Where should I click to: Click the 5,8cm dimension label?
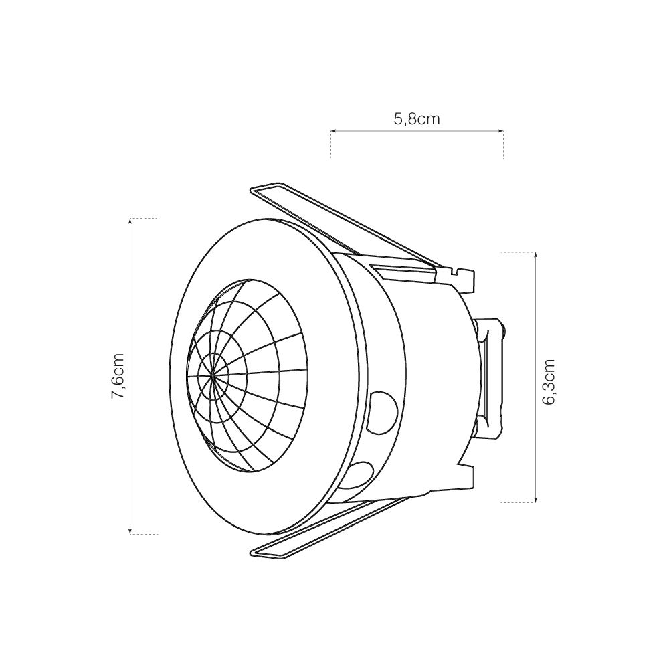pos(416,120)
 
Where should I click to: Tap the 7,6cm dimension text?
pos(118,376)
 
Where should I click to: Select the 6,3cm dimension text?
pos(549,382)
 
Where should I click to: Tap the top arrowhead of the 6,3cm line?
pos(537,255)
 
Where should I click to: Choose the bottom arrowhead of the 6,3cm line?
pos(537,499)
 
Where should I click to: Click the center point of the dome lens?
pos(213,377)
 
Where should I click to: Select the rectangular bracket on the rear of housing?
pos(491,379)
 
